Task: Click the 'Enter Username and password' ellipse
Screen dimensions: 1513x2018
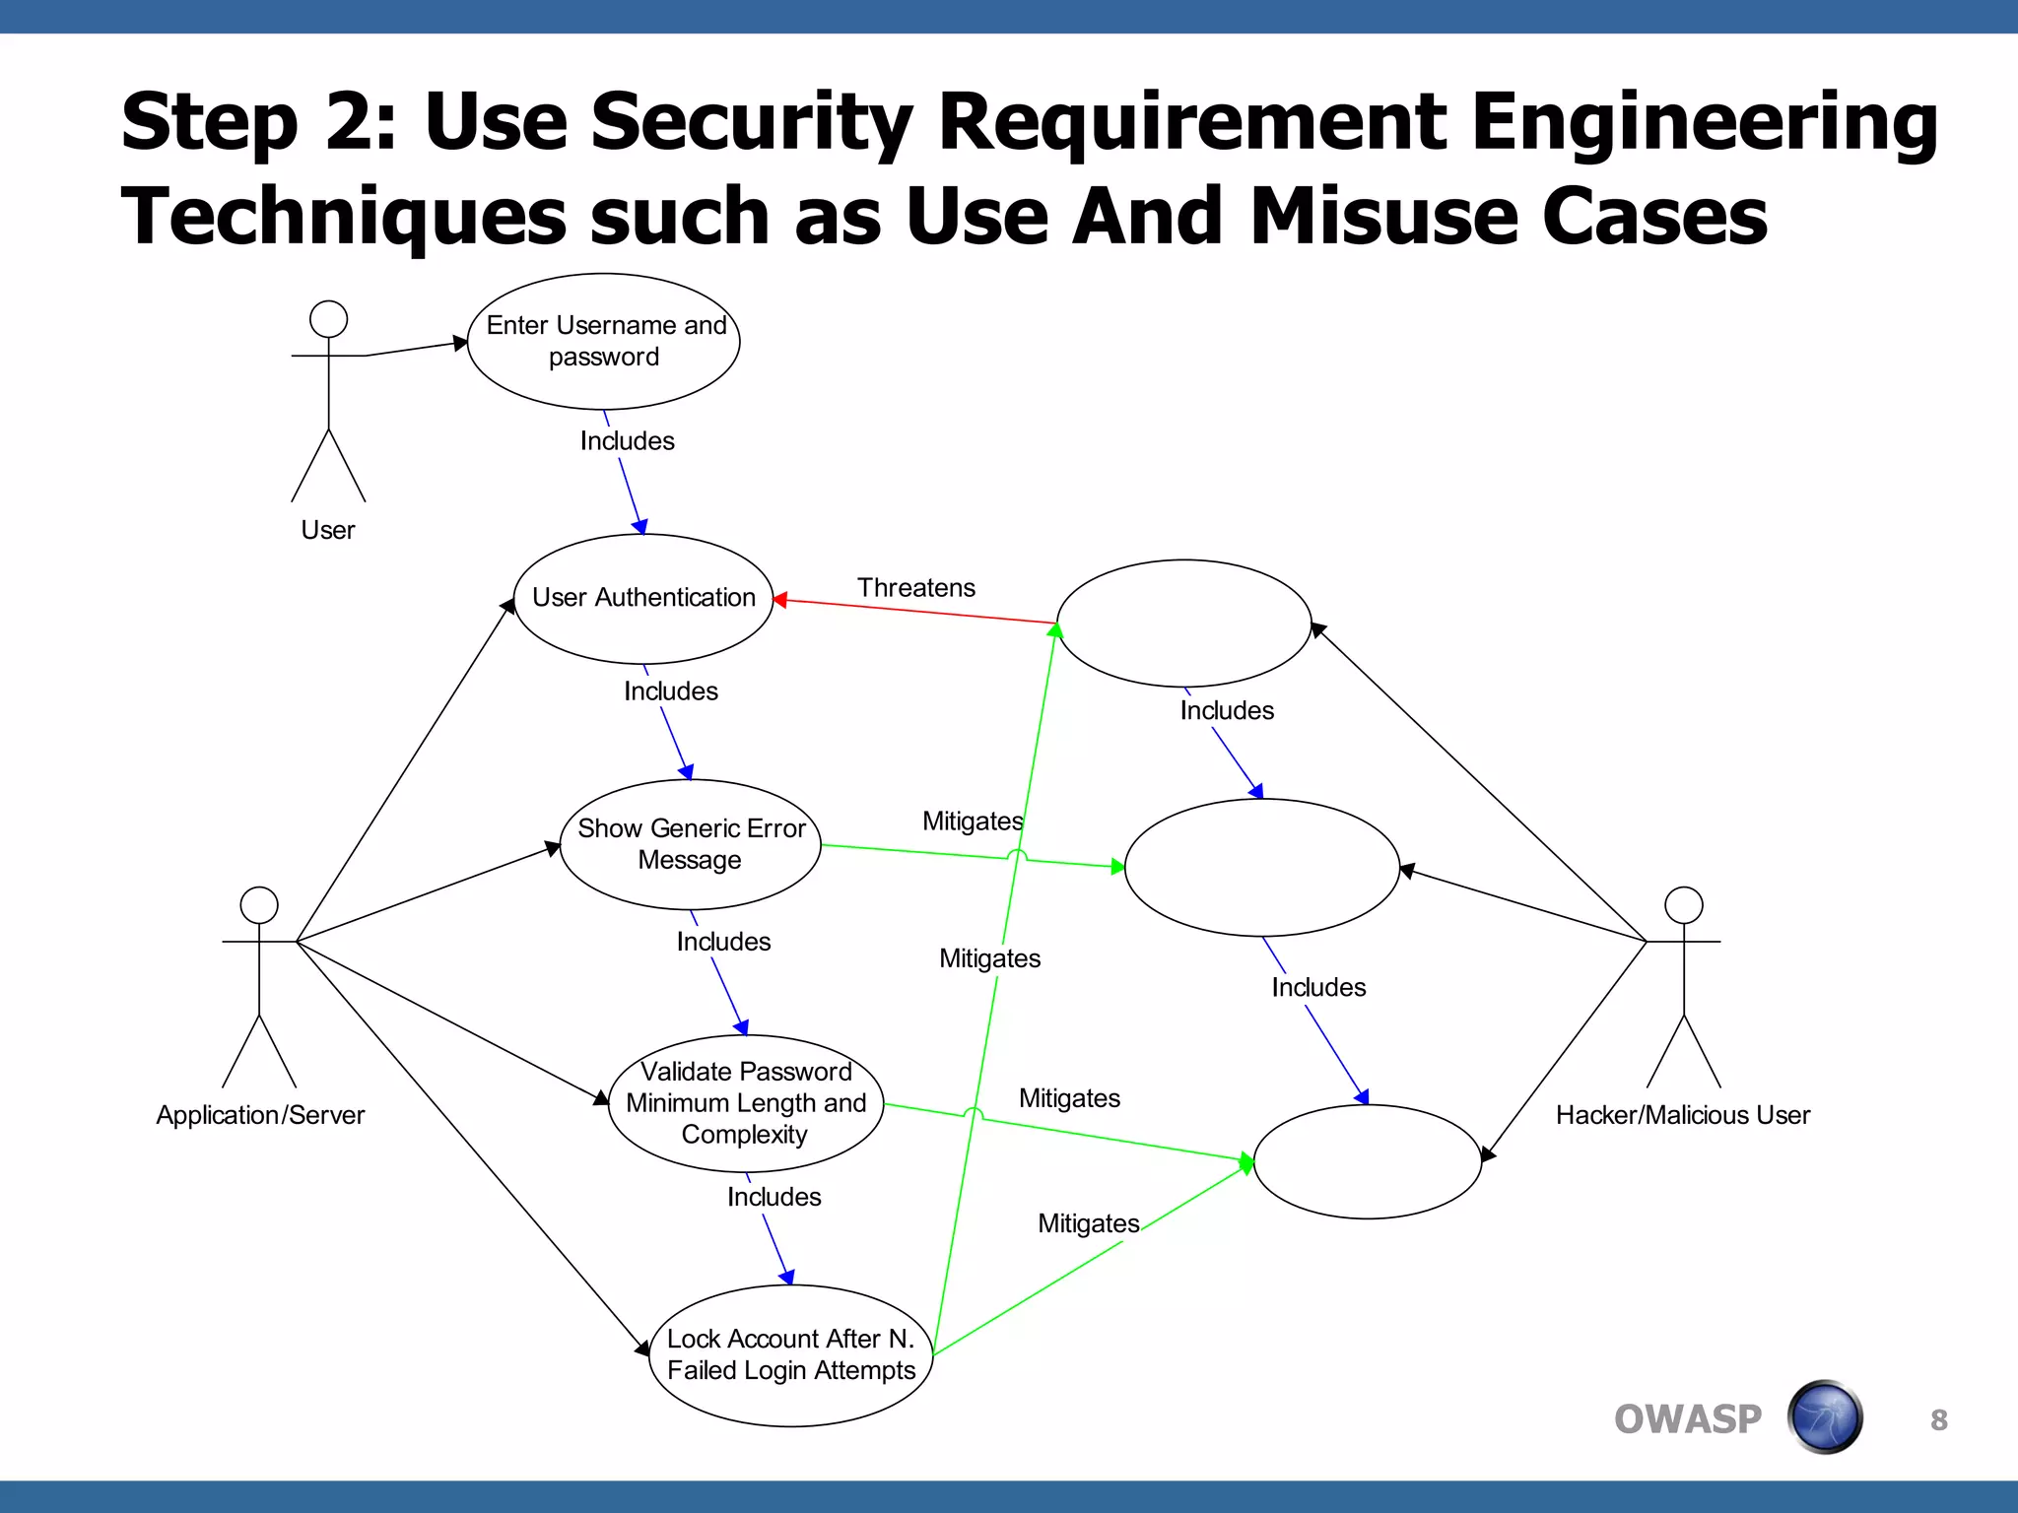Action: click(604, 341)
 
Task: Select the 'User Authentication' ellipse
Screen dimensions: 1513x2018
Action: click(643, 598)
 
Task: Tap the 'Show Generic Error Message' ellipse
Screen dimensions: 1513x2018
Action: click(691, 844)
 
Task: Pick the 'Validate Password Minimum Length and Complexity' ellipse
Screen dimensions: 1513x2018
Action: click(746, 1102)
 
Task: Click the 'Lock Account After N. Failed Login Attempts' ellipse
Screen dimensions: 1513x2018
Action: click(791, 1354)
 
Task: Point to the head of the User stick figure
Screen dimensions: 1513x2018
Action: click(328, 319)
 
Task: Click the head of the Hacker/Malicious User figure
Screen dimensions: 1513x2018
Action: click(1683, 905)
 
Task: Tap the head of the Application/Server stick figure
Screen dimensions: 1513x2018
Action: click(259, 905)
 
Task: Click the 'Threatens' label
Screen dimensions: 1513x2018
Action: click(915, 588)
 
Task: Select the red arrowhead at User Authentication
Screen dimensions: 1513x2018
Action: click(779, 599)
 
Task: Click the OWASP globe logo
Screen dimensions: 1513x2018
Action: click(1825, 1417)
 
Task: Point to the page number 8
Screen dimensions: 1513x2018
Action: click(1938, 1419)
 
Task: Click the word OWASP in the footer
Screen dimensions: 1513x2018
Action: click(1687, 1419)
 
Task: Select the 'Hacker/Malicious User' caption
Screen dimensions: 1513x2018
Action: click(1682, 1115)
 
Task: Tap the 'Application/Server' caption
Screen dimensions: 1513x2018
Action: click(260, 1115)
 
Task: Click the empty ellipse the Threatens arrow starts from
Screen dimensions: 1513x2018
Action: click(1183, 623)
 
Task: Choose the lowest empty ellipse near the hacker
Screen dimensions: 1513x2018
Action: click(1367, 1161)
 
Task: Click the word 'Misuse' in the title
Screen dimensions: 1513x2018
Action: click(1384, 217)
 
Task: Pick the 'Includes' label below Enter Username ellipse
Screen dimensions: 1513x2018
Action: click(627, 441)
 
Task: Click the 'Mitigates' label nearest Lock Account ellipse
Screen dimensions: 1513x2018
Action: click(1088, 1223)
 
